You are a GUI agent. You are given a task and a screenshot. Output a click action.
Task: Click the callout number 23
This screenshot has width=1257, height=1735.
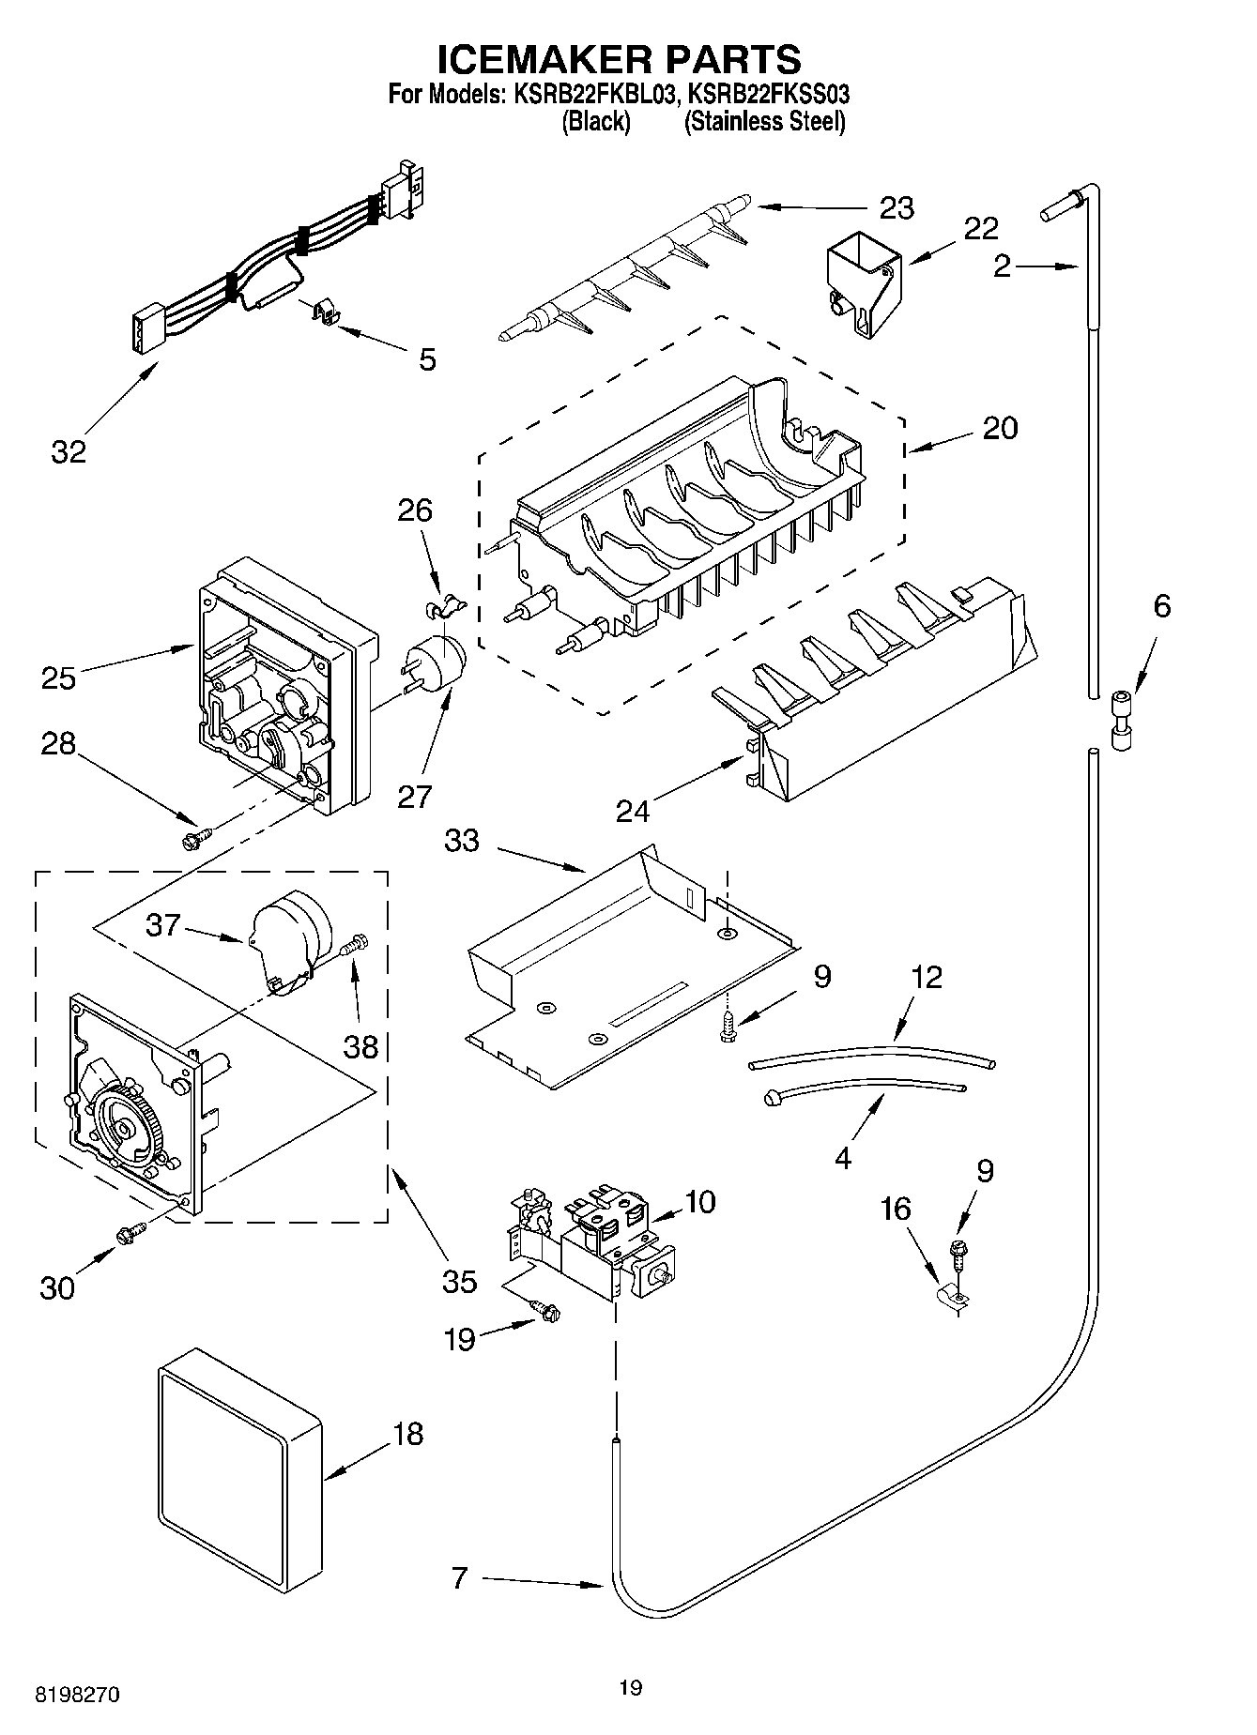(897, 207)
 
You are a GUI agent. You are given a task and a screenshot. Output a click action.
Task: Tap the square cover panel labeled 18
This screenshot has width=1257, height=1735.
(238, 1471)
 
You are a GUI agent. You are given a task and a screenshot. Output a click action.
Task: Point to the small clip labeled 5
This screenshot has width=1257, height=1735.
(325, 312)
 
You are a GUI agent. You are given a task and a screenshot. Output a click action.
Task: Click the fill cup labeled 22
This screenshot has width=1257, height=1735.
(860, 287)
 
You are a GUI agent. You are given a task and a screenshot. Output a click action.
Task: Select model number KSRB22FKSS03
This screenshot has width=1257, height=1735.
(768, 94)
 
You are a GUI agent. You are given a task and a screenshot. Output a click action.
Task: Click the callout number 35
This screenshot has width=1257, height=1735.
(459, 1281)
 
